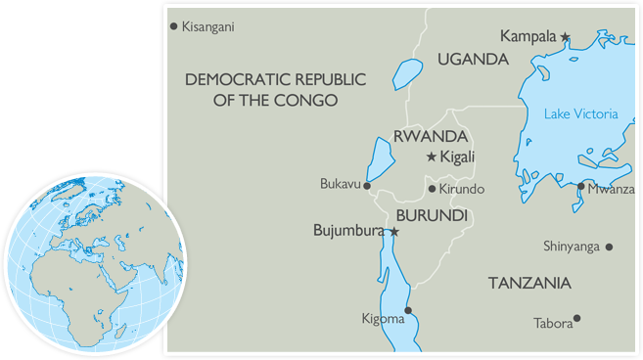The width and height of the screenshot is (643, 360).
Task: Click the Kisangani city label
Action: tap(208, 26)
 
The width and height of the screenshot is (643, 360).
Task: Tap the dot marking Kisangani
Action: tap(174, 25)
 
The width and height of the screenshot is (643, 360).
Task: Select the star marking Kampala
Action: tap(566, 36)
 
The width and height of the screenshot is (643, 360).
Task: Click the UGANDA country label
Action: tap(473, 60)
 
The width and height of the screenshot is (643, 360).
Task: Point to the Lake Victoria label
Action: tap(580, 114)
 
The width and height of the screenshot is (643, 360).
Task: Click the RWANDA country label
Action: tap(428, 136)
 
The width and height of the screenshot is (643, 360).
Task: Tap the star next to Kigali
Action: tap(432, 157)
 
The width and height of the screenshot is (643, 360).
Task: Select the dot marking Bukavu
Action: tap(367, 185)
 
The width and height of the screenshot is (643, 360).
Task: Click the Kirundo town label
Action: tap(462, 189)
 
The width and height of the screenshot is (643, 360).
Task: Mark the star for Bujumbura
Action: tap(393, 232)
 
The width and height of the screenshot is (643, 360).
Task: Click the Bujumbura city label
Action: tap(349, 232)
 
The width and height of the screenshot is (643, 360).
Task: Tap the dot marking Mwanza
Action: tap(580, 186)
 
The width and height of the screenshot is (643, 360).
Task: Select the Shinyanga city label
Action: tap(572, 247)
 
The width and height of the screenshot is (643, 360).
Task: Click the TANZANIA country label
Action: tap(528, 283)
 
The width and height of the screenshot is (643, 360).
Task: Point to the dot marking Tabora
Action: tap(577, 318)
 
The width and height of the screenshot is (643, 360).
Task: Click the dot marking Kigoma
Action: tap(408, 311)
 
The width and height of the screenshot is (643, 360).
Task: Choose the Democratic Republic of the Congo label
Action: tap(261, 89)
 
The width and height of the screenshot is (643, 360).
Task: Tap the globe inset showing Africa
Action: tap(93, 262)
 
